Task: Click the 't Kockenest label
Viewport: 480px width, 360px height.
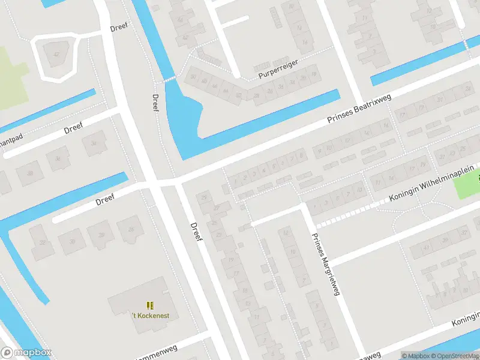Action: tap(150, 316)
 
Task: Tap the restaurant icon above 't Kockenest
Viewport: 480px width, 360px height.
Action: tap(150, 305)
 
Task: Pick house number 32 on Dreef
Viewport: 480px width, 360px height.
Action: tap(42, 242)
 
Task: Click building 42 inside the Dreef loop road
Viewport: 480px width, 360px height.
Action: tap(56, 55)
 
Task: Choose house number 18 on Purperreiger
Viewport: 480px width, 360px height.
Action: tap(313, 74)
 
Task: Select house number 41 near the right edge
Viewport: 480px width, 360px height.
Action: tap(427, 247)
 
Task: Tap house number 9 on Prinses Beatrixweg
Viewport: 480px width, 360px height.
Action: tap(319, 150)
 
